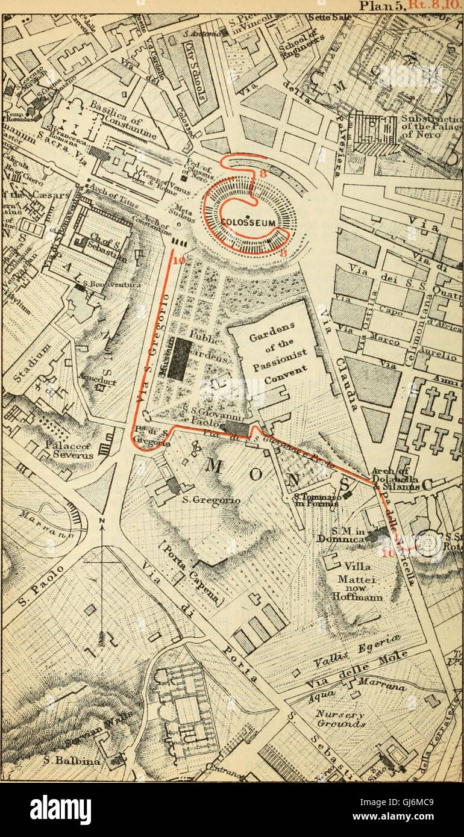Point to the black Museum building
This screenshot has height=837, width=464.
(x=179, y=359)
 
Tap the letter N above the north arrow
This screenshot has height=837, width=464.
(x=102, y=521)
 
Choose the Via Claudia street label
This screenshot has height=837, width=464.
(x=342, y=361)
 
